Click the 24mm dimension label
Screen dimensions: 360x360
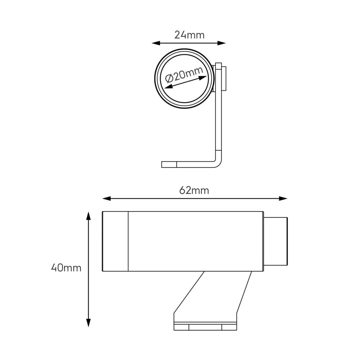pyautogui.click(x=189, y=35)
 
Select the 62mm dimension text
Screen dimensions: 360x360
pyautogui.click(x=194, y=191)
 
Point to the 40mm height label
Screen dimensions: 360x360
pyautogui.click(x=66, y=268)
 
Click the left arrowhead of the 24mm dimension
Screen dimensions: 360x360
pyautogui.click(x=156, y=43)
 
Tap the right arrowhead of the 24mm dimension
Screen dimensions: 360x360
pyautogui.click(x=222, y=43)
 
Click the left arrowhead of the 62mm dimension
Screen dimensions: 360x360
pyautogui.click(x=106, y=198)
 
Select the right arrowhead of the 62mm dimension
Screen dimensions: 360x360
pyautogui.click(x=283, y=198)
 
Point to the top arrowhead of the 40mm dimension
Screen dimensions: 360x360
pyautogui.click(x=88, y=216)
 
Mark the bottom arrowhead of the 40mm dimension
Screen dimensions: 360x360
pyautogui.click(x=88, y=323)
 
